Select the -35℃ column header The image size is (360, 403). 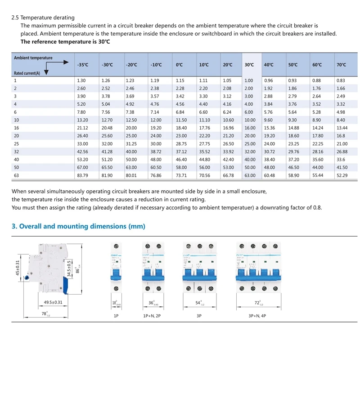point(83,65)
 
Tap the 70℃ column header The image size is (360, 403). point(341,65)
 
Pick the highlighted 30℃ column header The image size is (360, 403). point(249,65)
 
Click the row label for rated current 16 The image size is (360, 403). point(17,128)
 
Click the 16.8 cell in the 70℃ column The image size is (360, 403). point(340,135)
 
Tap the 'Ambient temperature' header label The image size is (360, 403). point(33,58)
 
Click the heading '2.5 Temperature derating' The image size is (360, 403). point(43,18)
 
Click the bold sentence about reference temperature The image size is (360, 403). point(65,41)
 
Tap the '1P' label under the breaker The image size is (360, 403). point(117,316)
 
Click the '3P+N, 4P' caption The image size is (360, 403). point(257,316)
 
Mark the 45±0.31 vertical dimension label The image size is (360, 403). point(18,269)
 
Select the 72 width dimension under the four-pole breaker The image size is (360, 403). point(257,303)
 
